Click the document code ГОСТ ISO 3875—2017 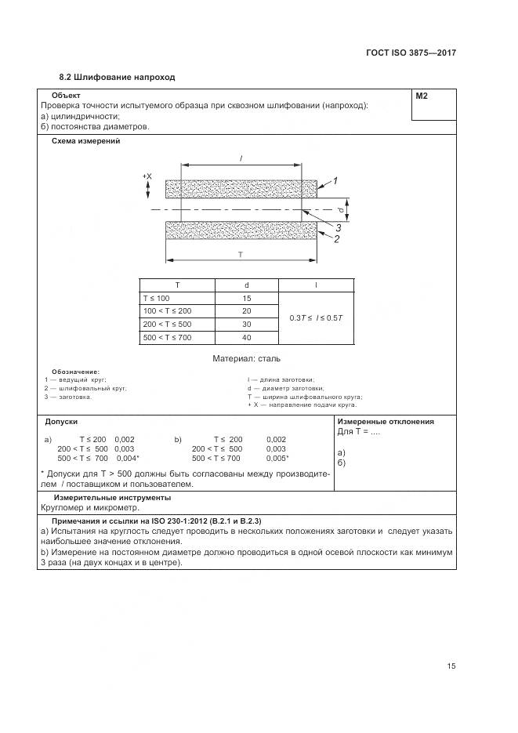click(411, 53)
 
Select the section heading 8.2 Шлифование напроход click(118, 78)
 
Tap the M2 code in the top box click(422, 96)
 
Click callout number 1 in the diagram click(335, 182)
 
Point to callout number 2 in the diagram click(336, 240)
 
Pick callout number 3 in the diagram click(338, 228)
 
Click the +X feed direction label click(147, 176)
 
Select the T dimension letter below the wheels click(240, 256)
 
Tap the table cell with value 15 click(246, 299)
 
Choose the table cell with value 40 click(246, 337)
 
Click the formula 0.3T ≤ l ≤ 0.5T click(316, 318)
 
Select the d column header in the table click(246, 285)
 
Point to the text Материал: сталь click(246, 358)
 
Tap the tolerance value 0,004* click(128, 458)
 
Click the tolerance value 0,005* click(277, 458)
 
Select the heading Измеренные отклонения click(386, 421)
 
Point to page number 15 click(451, 666)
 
